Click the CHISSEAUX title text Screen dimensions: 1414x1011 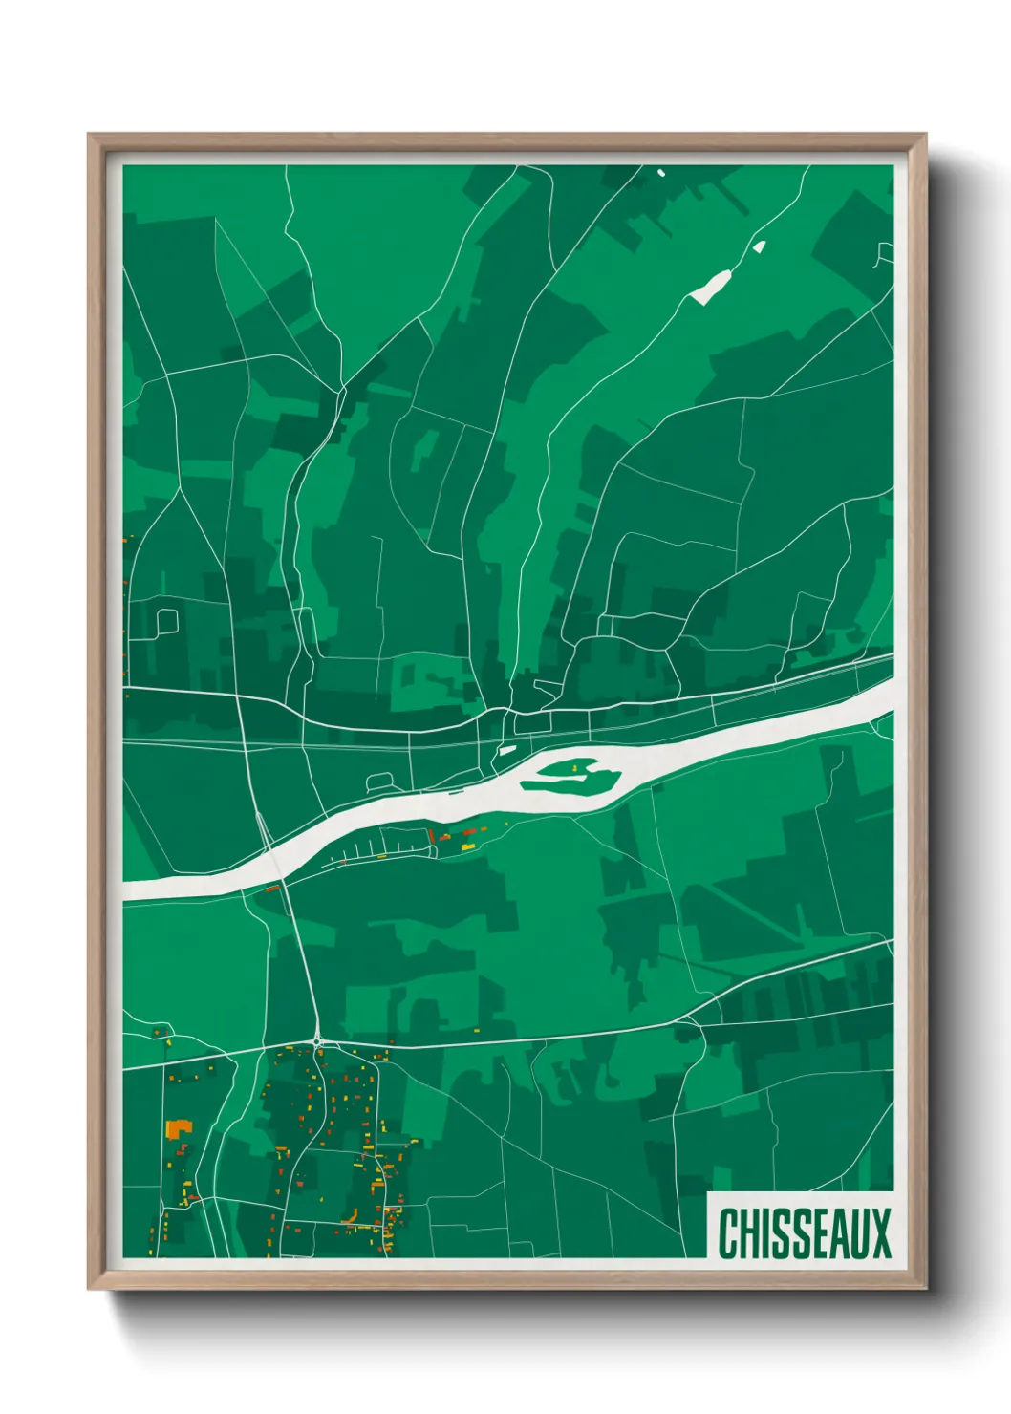(x=804, y=1232)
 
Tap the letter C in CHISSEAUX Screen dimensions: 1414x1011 (x=726, y=1232)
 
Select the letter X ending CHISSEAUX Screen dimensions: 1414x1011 (x=880, y=1232)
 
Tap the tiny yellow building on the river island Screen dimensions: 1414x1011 (x=575, y=767)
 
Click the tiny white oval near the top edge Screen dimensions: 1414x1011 (x=660, y=173)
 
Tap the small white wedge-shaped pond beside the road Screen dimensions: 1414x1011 (x=759, y=247)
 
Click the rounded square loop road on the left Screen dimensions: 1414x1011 (x=166, y=622)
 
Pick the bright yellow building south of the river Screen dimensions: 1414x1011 (x=468, y=846)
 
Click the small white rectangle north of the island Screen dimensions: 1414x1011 (x=507, y=751)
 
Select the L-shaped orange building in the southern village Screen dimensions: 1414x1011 (x=351, y=1215)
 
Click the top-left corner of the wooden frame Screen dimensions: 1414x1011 (x=90, y=136)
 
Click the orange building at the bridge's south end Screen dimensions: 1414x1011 (x=271, y=889)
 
